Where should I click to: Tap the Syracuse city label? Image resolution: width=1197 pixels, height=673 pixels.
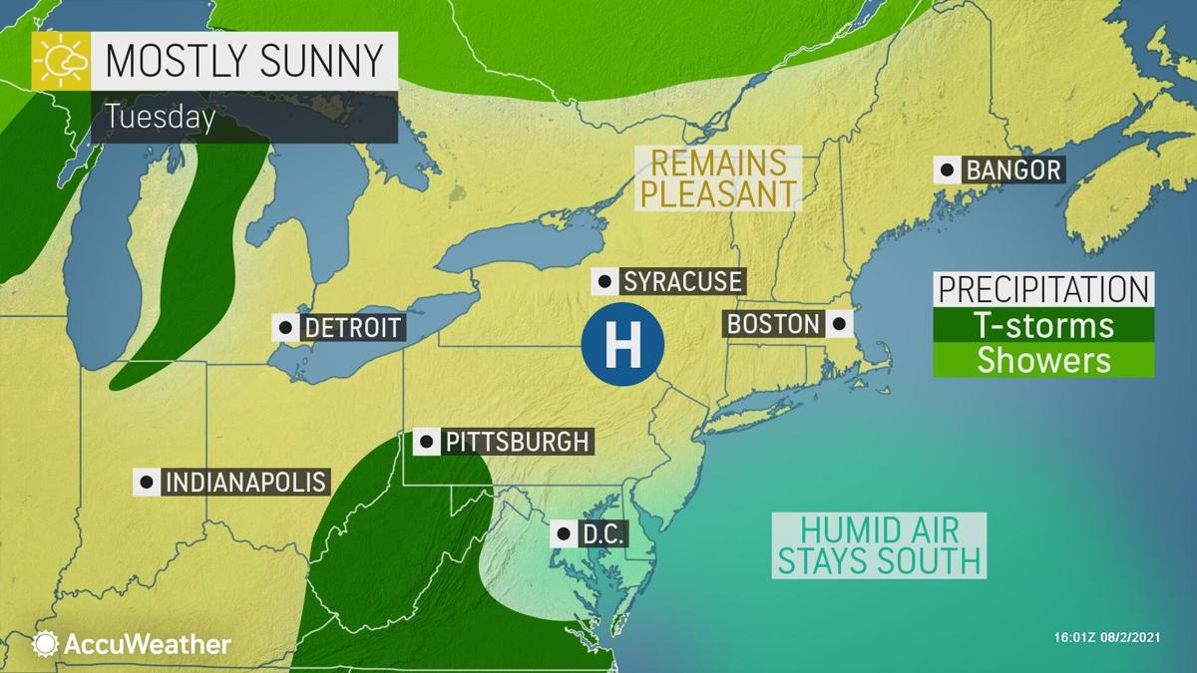(x=682, y=282)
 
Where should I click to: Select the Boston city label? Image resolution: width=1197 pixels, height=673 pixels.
(x=773, y=324)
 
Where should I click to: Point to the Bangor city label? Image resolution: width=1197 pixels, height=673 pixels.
(x=1012, y=169)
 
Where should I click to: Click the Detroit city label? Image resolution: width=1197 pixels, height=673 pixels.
(x=352, y=327)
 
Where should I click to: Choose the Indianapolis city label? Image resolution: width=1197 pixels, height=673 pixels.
(x=245, y=482)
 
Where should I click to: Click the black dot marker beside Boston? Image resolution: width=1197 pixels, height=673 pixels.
(x=840, y=324)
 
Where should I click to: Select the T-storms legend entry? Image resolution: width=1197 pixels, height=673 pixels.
(x=1043, y=325)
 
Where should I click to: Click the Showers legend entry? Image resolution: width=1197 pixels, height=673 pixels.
(x=1043, y=359)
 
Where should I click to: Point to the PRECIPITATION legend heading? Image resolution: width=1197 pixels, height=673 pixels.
(x=1043, y=289)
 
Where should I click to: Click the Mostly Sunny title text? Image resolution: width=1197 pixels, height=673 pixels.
(x=243, y=61)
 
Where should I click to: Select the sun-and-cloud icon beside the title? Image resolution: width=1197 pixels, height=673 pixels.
(x=60, y=62)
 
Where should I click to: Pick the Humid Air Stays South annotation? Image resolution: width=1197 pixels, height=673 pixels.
(x=879, y=543)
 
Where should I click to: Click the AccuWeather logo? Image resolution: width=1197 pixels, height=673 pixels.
(x=132, y=644)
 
